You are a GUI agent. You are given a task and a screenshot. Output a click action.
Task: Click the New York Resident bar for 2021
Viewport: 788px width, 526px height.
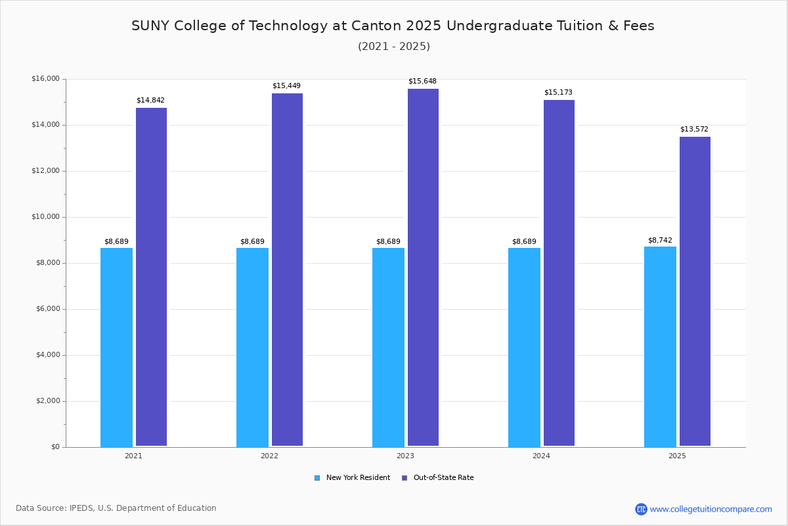(x=116, y=347)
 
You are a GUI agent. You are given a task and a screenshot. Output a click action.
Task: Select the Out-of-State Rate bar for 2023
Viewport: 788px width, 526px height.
(x=423, y=268)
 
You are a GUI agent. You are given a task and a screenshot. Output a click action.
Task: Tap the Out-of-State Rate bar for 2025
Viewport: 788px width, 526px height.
(x=695, y=291)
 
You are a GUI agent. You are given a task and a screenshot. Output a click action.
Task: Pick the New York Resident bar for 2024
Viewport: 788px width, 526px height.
(x=524, y=347)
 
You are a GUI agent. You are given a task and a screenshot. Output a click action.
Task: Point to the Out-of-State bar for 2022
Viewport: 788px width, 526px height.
(x=287, y=270)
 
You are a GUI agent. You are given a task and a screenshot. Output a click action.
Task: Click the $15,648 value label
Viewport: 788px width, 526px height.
(x=422, y=82)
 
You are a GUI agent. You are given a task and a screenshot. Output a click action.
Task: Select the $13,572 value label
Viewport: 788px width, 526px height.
(x=694, y=130)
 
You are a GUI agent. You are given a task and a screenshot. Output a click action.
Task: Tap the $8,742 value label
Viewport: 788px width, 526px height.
(x=660, y=241)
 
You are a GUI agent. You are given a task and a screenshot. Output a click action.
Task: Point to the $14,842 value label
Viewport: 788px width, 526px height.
(x=150, y=101)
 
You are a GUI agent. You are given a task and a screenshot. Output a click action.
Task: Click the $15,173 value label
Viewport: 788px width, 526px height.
(x=558, y=93)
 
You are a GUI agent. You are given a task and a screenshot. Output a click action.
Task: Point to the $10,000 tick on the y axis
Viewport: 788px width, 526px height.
(x=45, y=217)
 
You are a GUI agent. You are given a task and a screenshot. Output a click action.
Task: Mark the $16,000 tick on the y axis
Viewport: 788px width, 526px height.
(x=45, y=79)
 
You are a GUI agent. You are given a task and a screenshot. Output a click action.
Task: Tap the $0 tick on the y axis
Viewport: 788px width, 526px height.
(x=55, y=447)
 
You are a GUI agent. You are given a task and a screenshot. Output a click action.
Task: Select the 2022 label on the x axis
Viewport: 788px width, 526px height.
(x=269, y=456)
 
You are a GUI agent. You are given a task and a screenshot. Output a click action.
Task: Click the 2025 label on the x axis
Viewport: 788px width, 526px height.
(x=677, y=456)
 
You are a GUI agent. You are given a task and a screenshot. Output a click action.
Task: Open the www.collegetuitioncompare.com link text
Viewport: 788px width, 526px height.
(x=711, y=509)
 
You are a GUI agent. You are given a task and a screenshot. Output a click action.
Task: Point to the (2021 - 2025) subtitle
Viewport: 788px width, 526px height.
(x=394, y=47)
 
